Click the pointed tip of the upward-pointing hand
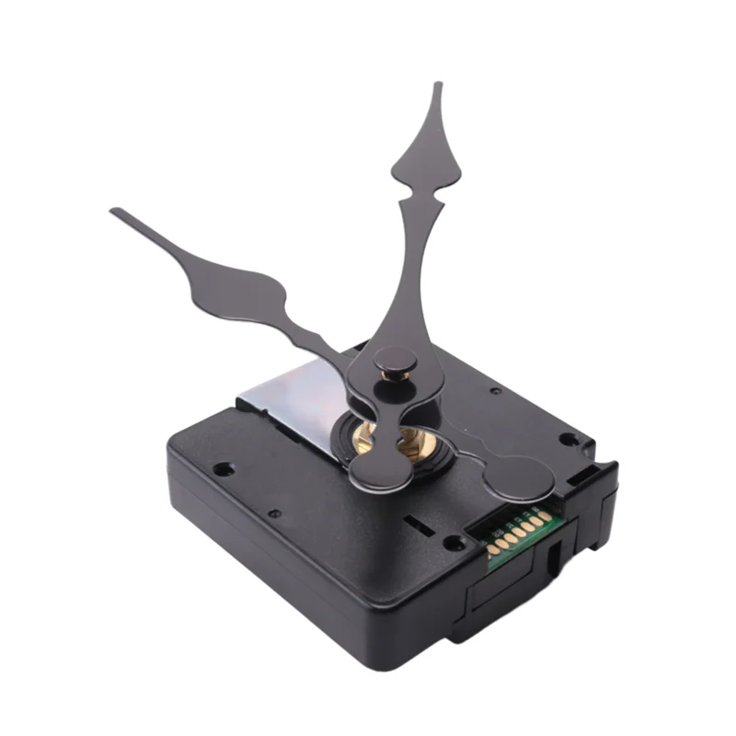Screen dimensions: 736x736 click(438, 86)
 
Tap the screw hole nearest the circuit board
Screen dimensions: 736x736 click(454, 543)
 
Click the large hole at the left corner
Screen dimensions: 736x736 click(222, 468)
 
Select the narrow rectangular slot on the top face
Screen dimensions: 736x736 click(420, 524)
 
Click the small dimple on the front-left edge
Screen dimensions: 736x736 click(274, 513)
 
